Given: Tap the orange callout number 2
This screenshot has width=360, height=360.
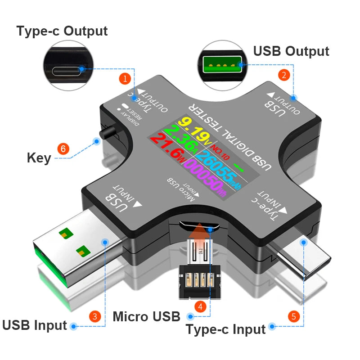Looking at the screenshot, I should coord(283,75).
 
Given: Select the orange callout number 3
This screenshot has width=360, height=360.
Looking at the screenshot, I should coord(94,315).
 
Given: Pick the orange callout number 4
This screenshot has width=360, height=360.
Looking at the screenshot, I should coord(201,306).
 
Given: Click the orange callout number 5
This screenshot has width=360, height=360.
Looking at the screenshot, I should coord(294,316).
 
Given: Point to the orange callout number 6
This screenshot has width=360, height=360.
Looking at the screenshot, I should coord(63,148).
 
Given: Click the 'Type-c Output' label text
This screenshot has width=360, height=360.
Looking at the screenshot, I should coord(62,31).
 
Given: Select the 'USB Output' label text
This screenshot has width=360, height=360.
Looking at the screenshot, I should coord(291,51).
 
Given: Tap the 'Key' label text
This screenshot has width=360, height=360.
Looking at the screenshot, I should coord(39,158).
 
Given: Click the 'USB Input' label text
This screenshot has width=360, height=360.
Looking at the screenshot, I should coord(35,325).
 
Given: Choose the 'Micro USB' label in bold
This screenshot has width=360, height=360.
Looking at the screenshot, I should coord(146,316).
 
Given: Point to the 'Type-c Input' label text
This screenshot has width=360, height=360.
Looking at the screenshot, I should coord(225,329).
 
